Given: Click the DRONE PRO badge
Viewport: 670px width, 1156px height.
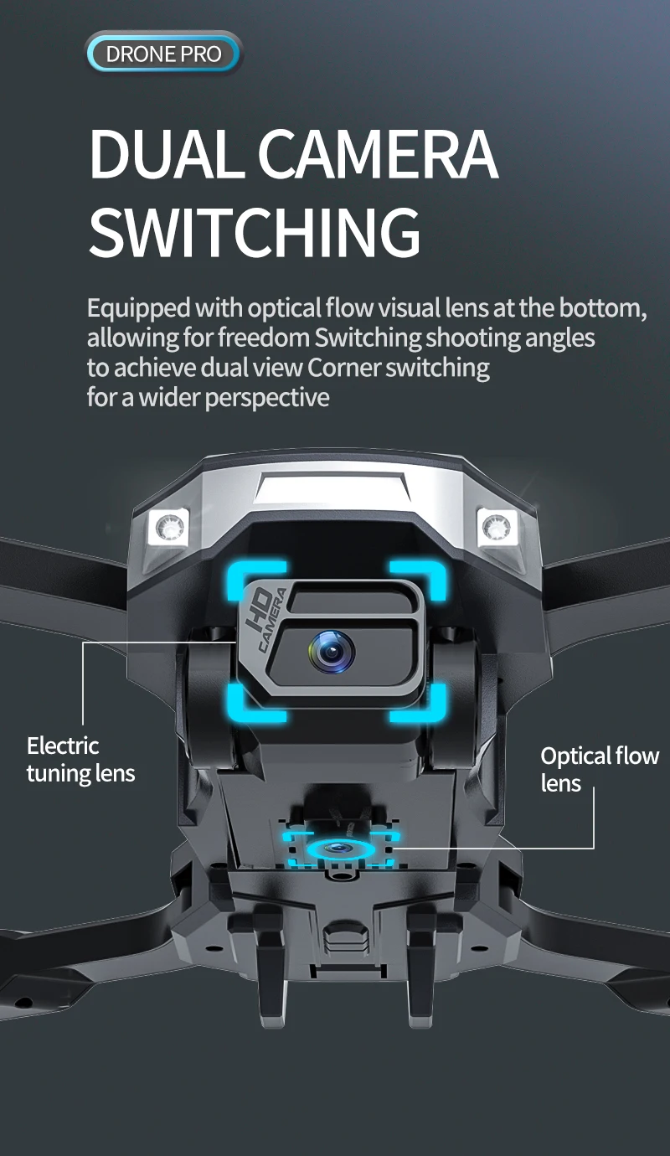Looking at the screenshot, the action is (163, 54).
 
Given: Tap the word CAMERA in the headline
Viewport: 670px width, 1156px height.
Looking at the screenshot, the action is (378, 155).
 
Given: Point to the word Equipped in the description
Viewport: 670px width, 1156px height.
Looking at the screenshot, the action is (139, 309).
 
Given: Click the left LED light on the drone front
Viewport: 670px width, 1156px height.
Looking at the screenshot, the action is (169, 527).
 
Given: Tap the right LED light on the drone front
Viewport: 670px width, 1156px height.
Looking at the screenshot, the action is (496, 527).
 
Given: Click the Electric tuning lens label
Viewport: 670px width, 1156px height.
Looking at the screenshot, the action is (81, 760).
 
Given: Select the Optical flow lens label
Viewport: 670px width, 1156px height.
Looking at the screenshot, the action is (600, 770).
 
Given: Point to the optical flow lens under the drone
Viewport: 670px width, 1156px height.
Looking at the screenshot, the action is (338, 848).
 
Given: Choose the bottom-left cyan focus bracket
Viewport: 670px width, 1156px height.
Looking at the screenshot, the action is (256, 703).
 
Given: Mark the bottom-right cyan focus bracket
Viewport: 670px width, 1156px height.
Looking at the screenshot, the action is (418, 703).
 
